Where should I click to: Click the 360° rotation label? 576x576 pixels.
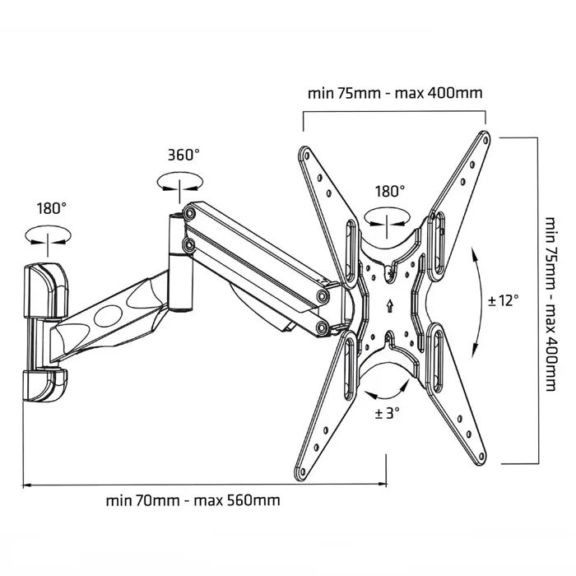(183, 156)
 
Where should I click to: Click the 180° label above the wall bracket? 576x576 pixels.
(51, 208)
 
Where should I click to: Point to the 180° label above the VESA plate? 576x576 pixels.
(390, 191)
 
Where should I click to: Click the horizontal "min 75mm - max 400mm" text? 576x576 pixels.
(395, 92)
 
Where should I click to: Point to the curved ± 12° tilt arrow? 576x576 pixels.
(478, 300)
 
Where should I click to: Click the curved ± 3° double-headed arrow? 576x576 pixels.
(387, 384)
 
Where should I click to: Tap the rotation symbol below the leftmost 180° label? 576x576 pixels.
(48, 236)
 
